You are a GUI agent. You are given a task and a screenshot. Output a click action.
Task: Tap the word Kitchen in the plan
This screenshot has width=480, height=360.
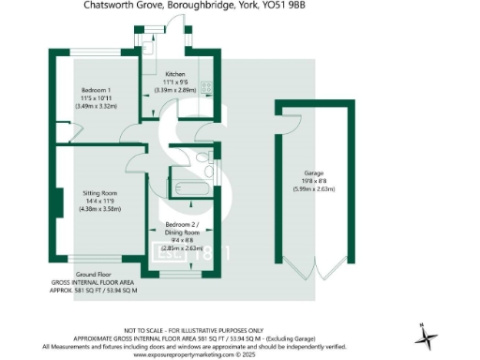point(175,74)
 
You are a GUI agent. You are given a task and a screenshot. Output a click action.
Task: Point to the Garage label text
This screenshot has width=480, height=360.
point(314,172)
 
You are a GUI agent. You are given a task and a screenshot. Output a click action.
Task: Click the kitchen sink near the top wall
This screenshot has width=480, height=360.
point(151,42)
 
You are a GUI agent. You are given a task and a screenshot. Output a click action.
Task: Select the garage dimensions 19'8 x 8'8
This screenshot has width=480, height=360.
point(314,180)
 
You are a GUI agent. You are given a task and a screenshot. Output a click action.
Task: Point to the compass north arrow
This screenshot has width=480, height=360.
point(424,333)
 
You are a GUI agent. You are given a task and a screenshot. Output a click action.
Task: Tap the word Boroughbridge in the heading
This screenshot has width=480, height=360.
point(205,6)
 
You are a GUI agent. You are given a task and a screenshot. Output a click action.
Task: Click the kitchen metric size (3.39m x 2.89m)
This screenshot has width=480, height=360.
point(176,90)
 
